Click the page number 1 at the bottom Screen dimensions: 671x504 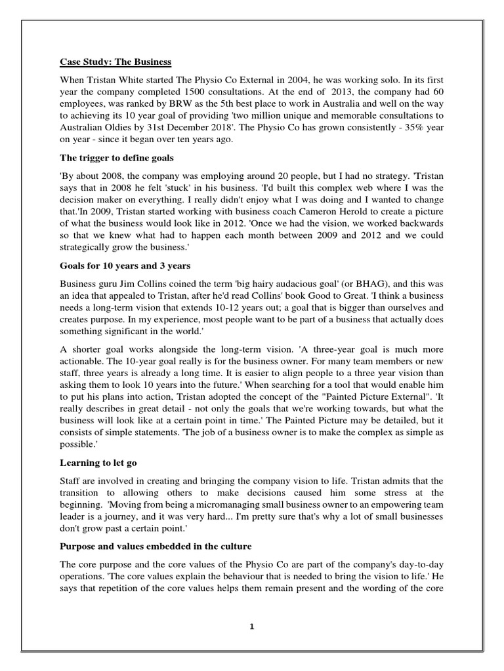pos(252,626)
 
